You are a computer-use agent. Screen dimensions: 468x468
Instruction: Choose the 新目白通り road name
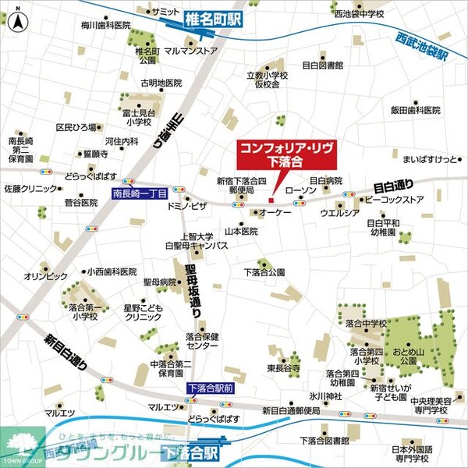pyautogui.click(x=66, y=352)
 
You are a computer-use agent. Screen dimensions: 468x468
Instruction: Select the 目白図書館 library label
pyautogui.click(x=321, y=65)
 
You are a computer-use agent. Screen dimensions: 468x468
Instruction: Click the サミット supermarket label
pyautogui.click(x=165, y=12)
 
